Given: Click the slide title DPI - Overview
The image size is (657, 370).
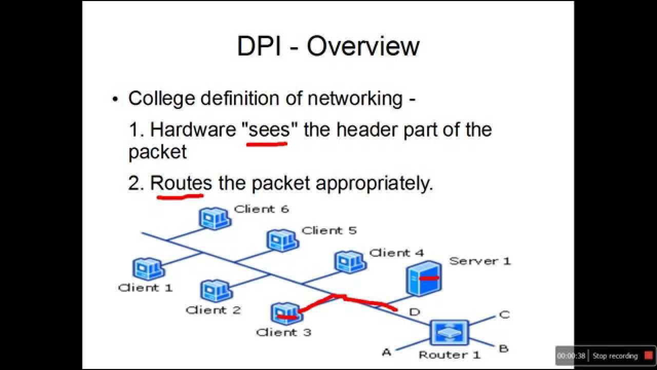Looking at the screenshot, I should click(x=328, y=46).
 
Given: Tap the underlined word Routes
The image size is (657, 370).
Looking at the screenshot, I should click(x=181, y=183).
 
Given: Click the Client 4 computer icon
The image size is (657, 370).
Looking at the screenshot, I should click(x=350, y=262).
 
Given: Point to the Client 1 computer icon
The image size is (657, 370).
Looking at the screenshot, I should click(x=148, y=269).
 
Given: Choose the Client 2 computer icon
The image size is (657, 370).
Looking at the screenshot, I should click(x=216, y=291).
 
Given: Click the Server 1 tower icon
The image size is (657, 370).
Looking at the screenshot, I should click(x=424, y=278).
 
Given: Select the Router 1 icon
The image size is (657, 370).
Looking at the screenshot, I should click(x=449, y=332).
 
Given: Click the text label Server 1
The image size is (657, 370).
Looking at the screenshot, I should click(x=480, y=261).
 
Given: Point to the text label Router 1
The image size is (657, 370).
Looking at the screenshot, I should click(x=449, y=355).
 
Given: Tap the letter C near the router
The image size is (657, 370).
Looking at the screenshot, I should click(x=504, y=314).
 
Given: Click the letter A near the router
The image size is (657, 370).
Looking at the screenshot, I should click(x=387, y=352).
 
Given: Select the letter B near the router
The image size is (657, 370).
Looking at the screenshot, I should click(x=504, y=349).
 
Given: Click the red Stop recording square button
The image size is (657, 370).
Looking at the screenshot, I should click(x=649, y=356).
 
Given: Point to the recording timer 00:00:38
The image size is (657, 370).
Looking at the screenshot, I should click(x=571, y=356).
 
